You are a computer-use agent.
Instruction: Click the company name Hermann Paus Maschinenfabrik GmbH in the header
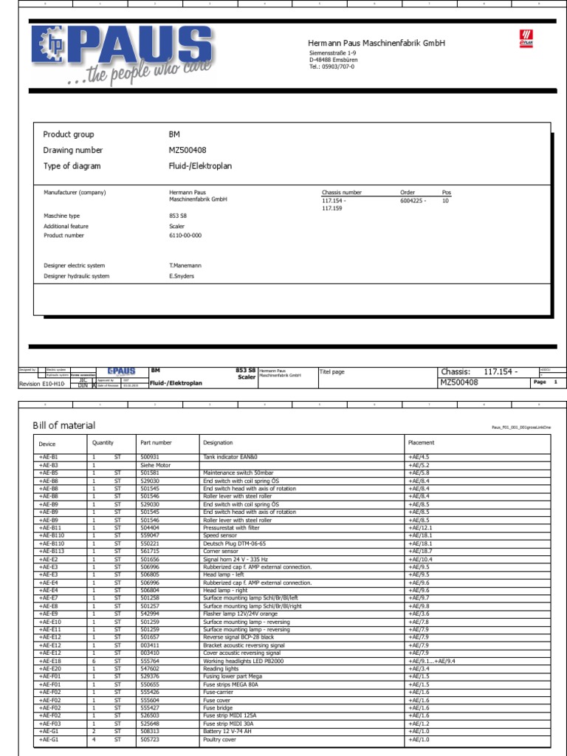[x=377, y=44]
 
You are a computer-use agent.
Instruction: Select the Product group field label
[x=69, y=134]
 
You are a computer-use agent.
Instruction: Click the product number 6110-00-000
[x=185, y=236]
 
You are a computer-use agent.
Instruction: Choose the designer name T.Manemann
[x=185, y=265]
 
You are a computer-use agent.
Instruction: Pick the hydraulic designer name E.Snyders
[x=182, y=276]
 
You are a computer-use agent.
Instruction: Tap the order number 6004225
[x=413, y=201]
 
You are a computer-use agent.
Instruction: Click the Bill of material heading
[x=64, y=425]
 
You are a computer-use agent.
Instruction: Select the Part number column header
[x=156, y=443]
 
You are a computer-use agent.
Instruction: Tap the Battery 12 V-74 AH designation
[x=230, y=731]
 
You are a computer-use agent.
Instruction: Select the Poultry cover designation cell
[x=219, y=738]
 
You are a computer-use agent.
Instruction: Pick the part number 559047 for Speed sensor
[x=150, y=535]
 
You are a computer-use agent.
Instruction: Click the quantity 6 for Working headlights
[x=94, y=661]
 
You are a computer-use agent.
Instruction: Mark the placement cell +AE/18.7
[x=419, y=551]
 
